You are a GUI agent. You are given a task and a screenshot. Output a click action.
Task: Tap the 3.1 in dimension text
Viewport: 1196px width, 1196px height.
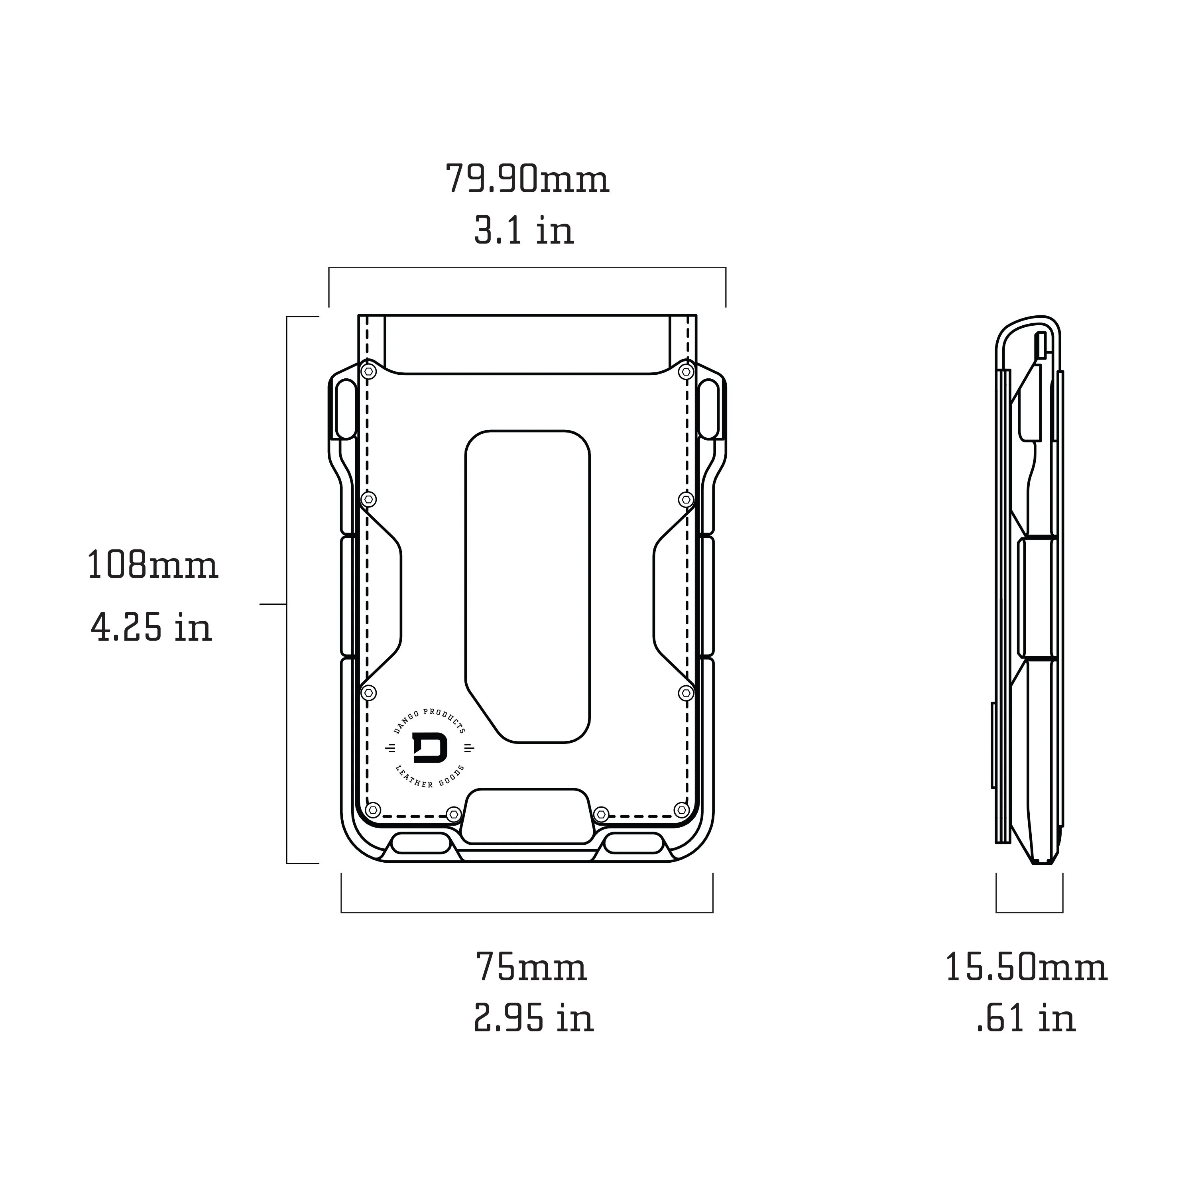pyautogui.click(x=524, y=230)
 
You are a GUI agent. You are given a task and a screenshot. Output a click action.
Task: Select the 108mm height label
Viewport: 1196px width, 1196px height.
pyautogui.click(x=152, y=565)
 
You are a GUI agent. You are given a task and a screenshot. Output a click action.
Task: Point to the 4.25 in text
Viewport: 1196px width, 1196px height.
pyautogui.click(x=151, y=627)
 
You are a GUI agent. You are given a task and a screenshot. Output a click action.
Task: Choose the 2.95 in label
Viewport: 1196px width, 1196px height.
pyautogui.click(x=534, y=1018)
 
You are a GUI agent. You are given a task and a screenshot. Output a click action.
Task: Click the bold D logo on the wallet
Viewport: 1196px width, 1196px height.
pyautogui.click(x=430, y=748)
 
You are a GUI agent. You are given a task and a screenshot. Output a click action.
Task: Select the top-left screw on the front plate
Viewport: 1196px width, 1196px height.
pyautogui.click(x=369, y=372)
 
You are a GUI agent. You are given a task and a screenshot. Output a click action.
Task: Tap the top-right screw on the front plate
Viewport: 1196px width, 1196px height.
pyautogui.click(x=685, y=372)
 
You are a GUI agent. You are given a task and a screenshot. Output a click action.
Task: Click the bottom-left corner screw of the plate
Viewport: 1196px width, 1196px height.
pyautogui.click(x=373, y=810)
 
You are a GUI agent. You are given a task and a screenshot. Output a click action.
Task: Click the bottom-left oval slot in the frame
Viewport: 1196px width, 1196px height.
pyautogui.click(x=421, y=843)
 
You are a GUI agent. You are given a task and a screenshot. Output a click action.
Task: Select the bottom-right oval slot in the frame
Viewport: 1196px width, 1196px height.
pyautogui.click(x=633, y=843)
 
